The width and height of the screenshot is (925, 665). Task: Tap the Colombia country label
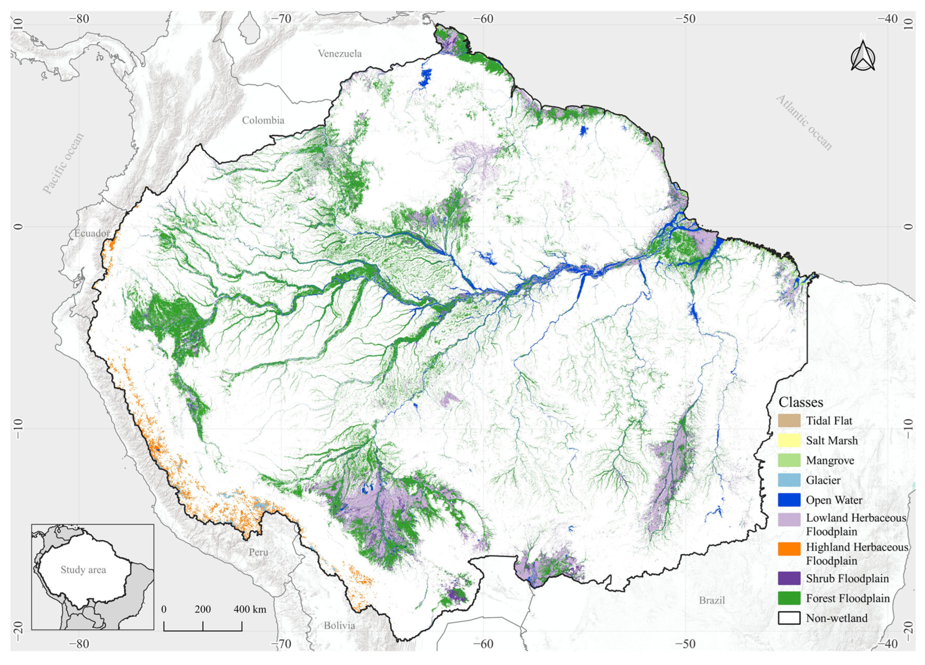pos(263,120)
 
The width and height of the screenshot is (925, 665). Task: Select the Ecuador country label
pos(92,233)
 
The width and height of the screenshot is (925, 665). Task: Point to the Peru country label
pos(259,552)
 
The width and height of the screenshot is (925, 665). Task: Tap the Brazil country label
pos(712,600)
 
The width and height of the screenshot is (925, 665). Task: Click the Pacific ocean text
pos(63,163)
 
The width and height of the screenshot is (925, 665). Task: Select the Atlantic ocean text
pos(804,122)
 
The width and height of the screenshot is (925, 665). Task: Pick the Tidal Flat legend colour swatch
pos(789,421)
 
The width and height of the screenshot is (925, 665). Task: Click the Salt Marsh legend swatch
pos(789,441)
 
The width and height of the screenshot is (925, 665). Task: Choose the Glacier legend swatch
pos(789,480)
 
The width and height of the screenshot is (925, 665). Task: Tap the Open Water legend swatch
pos(789,500)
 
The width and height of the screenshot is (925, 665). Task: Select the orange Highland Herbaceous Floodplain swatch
pos(789,549)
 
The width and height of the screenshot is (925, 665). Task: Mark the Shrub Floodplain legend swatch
pos(789,579)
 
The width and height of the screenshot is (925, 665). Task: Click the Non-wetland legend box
pos(789,618)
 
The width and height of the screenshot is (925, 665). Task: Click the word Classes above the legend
pos(801,402)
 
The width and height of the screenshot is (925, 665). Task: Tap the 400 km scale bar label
pos(250,609)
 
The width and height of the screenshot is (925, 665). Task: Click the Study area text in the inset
pos(83,570)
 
